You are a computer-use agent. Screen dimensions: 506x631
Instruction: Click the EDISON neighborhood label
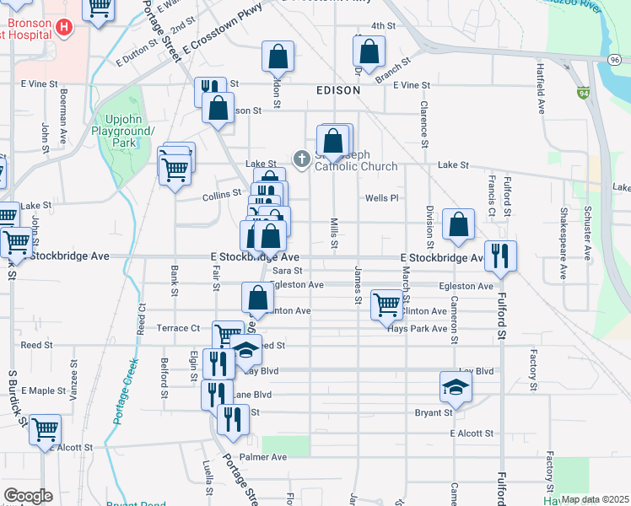click(338, 89)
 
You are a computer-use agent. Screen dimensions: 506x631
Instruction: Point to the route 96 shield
click(615, 59)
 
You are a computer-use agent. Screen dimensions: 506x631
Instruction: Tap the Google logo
click(28, 496)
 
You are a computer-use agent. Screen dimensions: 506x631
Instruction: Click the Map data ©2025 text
click(595, 499)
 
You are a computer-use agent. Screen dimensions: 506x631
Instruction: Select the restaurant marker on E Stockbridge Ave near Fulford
click(500, 254)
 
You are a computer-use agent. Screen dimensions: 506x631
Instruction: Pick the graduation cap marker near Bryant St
click(455, 386)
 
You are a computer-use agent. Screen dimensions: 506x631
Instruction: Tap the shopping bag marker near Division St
click(458, 224)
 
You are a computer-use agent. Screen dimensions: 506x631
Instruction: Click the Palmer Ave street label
click(263, 457)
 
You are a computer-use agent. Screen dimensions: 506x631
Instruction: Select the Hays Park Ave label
click(416, 328)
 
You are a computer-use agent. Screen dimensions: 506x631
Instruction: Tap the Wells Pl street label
click(381, 198)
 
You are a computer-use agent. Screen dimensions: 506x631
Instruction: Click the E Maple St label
click(44, 390)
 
